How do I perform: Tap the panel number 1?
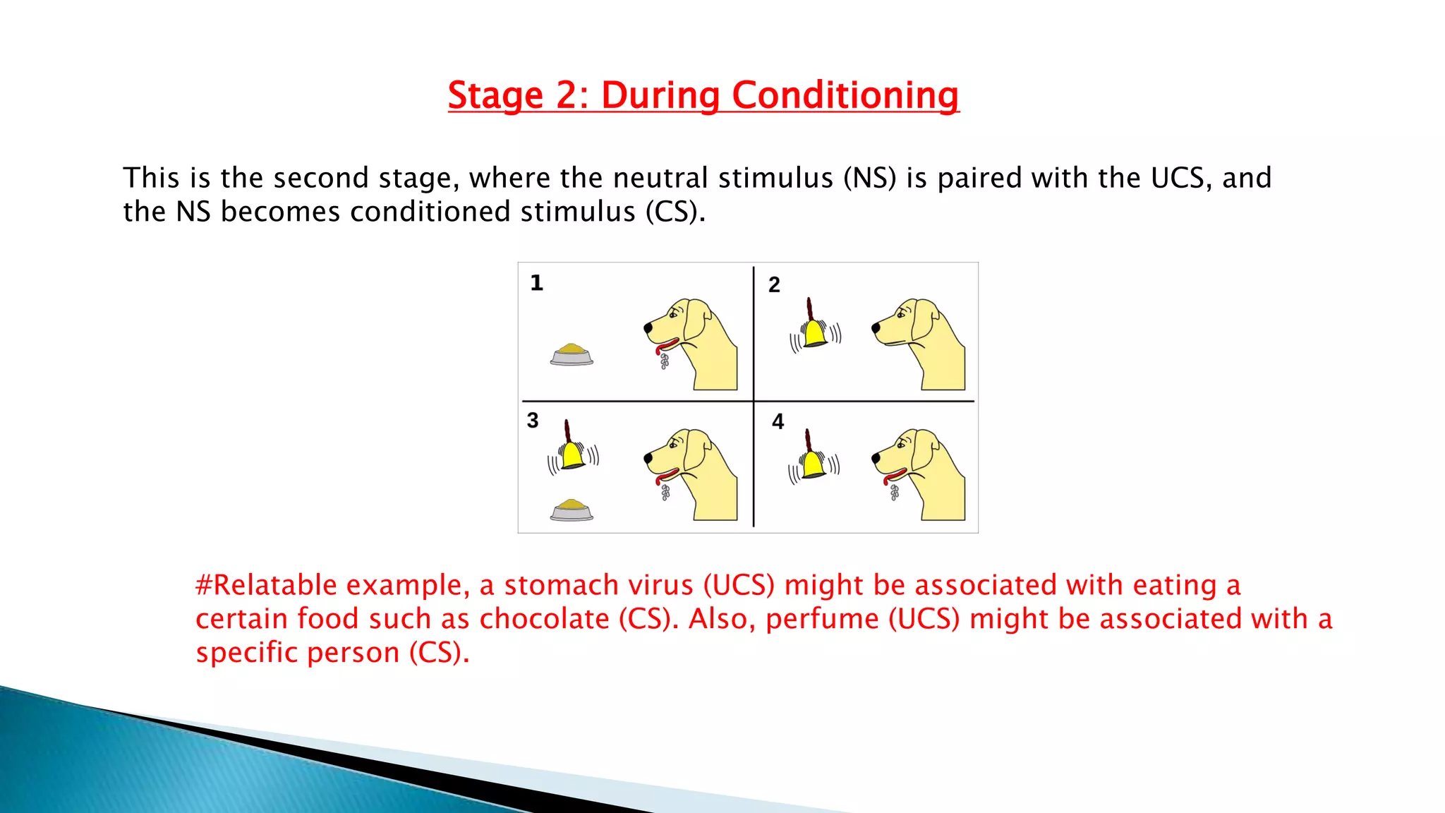536,283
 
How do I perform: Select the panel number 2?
774,284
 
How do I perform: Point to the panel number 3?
533,421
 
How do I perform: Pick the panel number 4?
778,422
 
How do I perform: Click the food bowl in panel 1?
572,354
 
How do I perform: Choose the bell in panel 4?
814,463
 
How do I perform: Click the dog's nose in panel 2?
876,327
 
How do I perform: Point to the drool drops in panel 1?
664,361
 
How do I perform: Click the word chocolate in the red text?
544,619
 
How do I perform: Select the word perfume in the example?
822,619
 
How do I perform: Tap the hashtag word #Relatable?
266,585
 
